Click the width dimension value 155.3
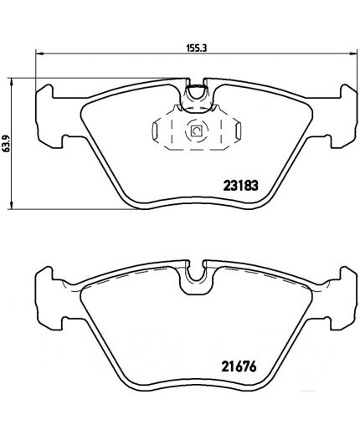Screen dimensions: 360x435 196,49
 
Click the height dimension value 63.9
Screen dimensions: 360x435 7,143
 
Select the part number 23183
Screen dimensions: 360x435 241,186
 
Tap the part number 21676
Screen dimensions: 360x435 239,366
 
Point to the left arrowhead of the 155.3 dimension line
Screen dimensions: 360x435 39,54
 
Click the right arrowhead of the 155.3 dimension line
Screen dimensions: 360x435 353,54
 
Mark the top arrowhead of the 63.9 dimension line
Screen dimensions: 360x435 12,82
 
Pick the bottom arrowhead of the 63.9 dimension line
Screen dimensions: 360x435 12,205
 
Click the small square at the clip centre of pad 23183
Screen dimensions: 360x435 197,130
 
